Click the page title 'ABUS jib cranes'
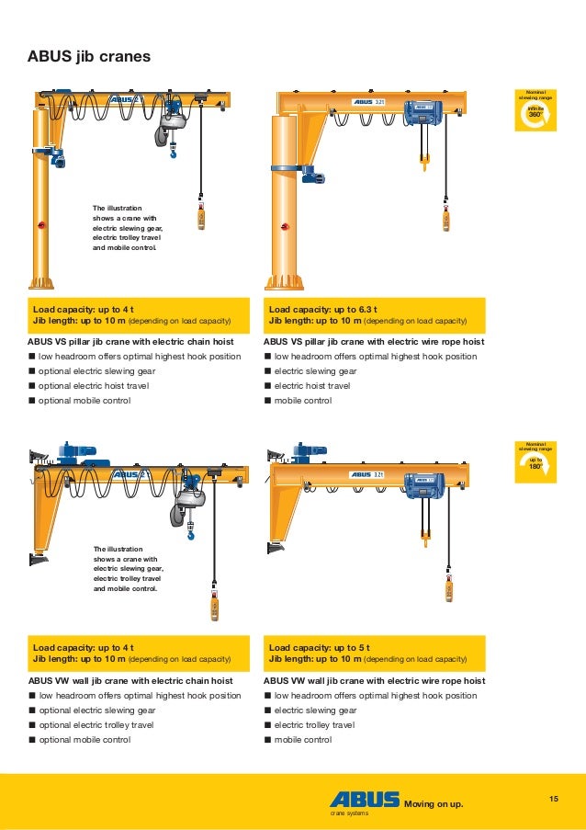pos(89,57)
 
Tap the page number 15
pos(553,798)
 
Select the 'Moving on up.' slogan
pos(434,805)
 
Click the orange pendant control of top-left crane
pos(200,218)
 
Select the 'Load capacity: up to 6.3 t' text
pos(322,310)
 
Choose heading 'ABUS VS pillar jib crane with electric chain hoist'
pos(131,341)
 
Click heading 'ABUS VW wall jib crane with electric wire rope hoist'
pos(374,680)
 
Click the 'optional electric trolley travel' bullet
pos(96,724)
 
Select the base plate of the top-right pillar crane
pos(284,282)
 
